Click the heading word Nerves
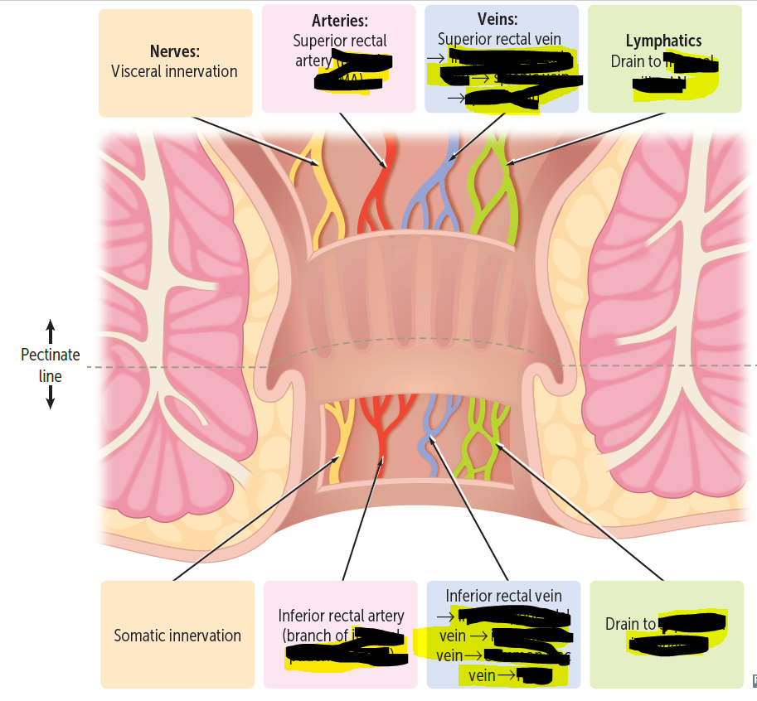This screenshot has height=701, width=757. [174, 52]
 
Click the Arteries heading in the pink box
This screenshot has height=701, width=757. [340, 21]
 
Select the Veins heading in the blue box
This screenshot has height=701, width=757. [497, 19]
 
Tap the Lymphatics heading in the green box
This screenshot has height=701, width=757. [663, 41]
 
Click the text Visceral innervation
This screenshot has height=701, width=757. [174, 71]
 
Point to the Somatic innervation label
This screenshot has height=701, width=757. [177, 636]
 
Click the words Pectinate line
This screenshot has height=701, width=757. [50, 365]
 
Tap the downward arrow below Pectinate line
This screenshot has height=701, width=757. [50, 399]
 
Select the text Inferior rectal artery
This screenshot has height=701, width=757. [341, 616]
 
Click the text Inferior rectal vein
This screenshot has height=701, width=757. [503, 596]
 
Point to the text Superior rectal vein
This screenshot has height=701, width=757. [499, 39]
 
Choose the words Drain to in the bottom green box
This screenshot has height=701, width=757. [630, 624]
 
